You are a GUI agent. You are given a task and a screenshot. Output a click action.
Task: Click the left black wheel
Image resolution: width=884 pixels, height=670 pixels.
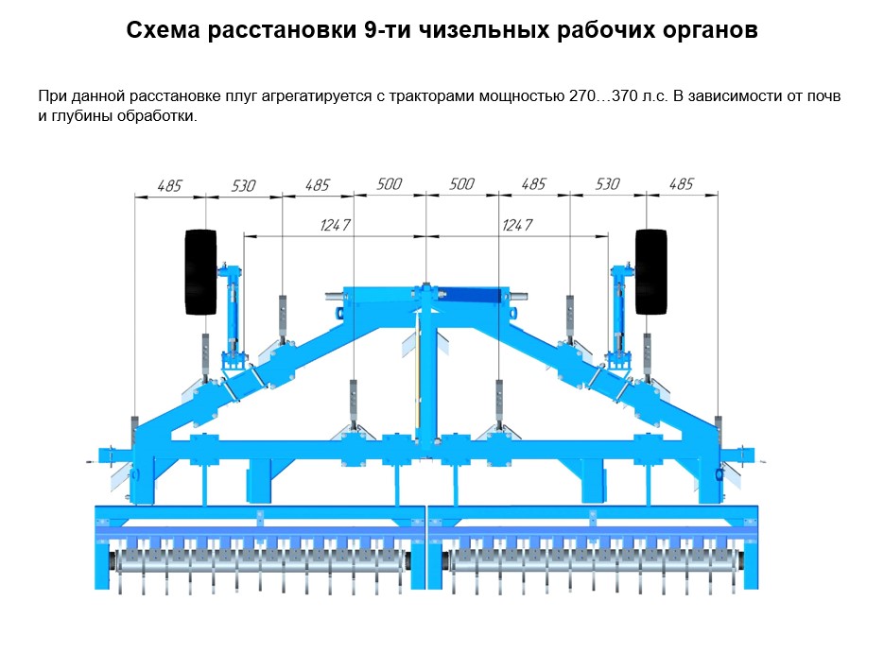(x=200, y=271)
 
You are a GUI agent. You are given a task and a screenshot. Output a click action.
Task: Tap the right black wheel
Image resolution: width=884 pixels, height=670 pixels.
(x=651, y=271)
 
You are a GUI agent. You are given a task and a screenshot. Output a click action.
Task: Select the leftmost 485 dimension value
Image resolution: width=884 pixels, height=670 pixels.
(x=169, y=185)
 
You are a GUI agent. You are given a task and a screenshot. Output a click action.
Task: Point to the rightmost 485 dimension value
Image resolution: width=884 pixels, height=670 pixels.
(x=681, y=184)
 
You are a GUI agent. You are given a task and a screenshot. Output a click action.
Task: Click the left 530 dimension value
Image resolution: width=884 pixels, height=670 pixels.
(x=243, y=185)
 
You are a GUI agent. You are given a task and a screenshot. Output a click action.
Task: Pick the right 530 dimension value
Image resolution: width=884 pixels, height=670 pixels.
(x=607, y=184)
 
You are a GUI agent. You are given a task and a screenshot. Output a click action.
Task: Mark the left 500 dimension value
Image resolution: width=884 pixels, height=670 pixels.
(x=389, y=184)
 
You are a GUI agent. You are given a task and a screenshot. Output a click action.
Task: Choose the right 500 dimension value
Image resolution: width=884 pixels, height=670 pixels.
(x=461, y=184)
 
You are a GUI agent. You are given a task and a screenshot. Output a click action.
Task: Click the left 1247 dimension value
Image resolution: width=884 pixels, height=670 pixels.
(x=336, y=225)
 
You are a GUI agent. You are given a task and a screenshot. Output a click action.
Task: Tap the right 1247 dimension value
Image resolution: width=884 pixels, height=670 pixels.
(x=516, y=225)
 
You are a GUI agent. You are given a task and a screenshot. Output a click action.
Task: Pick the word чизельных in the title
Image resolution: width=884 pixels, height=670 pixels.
(x=482, y=30)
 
